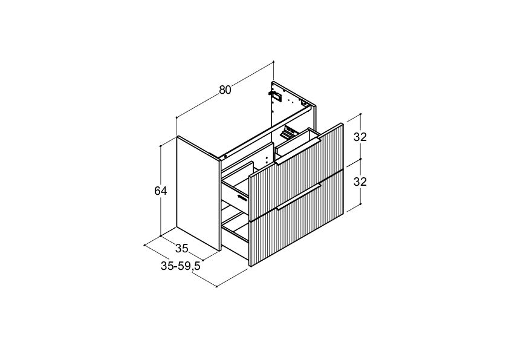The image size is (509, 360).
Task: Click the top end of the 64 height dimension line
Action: (161, 146)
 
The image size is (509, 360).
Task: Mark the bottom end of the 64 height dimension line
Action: (161, 236)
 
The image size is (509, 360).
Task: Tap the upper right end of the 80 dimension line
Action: (274, 61)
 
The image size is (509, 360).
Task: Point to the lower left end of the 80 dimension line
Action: (177, 117)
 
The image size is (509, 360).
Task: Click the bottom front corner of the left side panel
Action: (220, 250)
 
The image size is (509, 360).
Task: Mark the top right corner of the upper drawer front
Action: (342, 123)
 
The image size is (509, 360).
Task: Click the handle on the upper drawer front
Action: (298, 151)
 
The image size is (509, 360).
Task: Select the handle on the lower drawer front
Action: (299, 197)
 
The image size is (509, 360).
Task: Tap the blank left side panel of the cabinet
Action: (198, 193)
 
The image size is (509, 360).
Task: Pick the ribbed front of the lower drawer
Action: (297, 218)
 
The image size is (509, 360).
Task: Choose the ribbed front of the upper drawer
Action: (296, 172)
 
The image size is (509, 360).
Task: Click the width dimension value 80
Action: (225, 90)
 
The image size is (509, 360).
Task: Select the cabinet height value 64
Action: (161, 191)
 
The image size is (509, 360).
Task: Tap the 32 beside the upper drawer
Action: (360, 137)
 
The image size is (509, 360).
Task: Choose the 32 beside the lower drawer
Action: (360, 182)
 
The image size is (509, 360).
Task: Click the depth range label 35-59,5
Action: (181, 266)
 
